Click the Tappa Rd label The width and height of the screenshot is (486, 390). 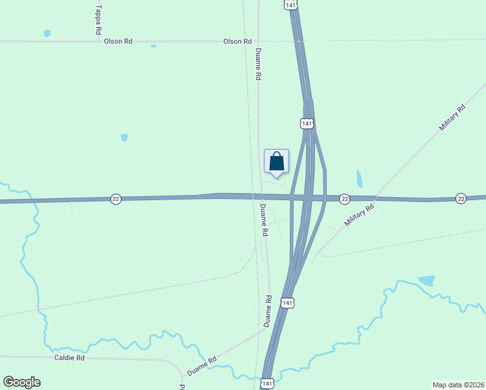click(98, 19)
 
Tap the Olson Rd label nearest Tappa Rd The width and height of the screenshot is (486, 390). click(118, 41)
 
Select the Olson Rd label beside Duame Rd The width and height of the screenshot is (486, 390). click(237, 41)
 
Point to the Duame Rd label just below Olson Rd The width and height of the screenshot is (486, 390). click(258, 64)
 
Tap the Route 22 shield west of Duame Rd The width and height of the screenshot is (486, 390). click(116, 198)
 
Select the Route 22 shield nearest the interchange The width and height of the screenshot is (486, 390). click(344, 198)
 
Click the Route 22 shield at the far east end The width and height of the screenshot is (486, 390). click(461, 198)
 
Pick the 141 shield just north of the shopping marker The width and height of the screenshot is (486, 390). click(307, 123)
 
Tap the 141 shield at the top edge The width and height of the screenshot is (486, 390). click(290, 5)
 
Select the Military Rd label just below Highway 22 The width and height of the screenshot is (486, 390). click(360, 215)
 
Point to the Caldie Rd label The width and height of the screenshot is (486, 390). click(70, 357)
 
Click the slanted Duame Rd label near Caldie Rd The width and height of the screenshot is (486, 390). click(201, 366)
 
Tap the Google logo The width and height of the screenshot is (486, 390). click(21, 382)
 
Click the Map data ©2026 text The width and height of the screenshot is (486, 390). click(458, 384)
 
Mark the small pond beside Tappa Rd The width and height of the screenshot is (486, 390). click(47, 32)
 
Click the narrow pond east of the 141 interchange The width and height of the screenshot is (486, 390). click(359, 179)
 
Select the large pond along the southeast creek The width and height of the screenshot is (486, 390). click(426, 281)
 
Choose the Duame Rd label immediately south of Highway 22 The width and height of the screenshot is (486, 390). click(264, 220)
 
